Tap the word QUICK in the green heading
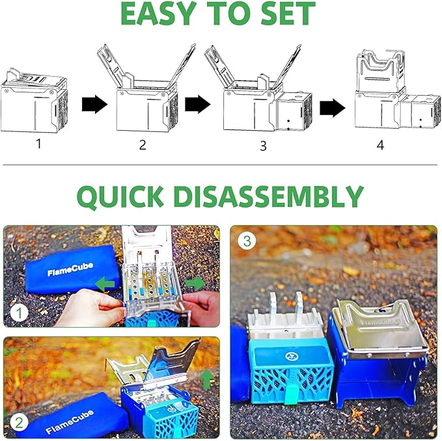120,196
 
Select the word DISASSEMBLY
268,196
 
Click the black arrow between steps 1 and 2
95,105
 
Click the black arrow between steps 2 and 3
198,105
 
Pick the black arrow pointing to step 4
333,108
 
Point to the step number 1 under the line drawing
39,144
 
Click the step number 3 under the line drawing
263,146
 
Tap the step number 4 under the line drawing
380,145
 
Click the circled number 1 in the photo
19,313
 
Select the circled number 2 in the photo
19,423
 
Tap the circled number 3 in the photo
247,241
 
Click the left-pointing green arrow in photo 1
105,284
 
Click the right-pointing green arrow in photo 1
195,283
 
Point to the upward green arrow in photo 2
207,380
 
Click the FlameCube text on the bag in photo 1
70,269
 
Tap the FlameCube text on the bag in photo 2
70,422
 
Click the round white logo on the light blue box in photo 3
292,356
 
